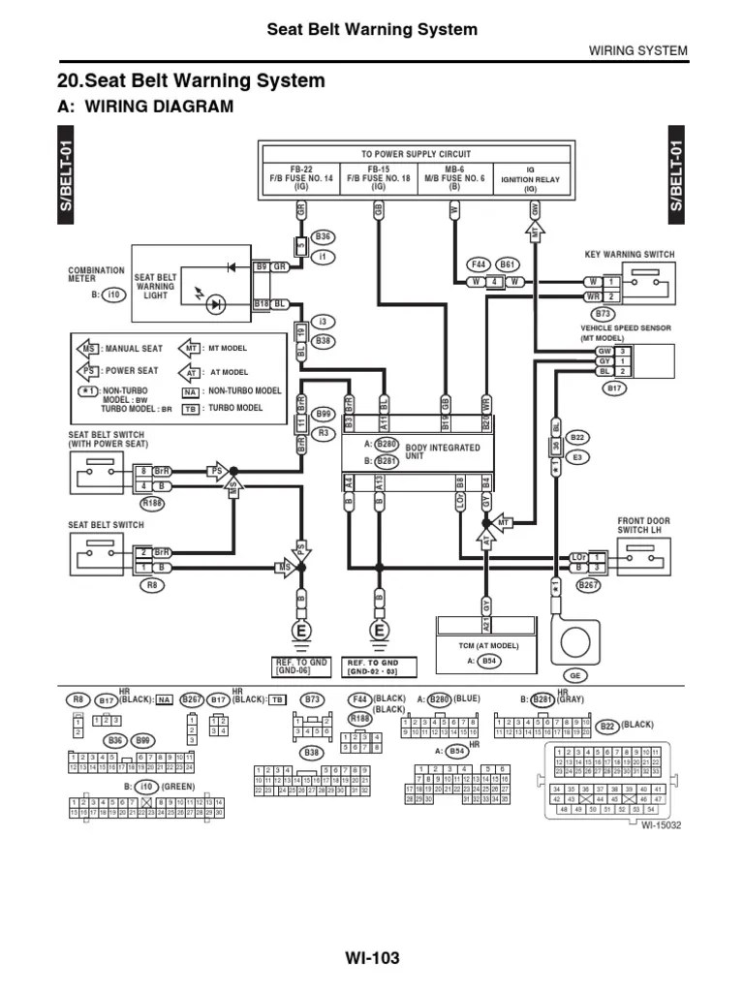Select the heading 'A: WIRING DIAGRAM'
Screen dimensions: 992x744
146,107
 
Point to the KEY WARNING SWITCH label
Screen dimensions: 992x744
630,254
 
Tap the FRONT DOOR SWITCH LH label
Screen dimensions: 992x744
644,526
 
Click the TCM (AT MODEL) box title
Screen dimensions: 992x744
488,645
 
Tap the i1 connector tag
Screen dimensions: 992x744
323,257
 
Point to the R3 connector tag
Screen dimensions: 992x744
324,433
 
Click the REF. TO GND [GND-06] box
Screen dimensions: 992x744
302,666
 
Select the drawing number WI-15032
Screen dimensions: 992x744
662,824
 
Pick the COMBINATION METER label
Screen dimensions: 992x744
96,276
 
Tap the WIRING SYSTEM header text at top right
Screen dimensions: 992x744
638,50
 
